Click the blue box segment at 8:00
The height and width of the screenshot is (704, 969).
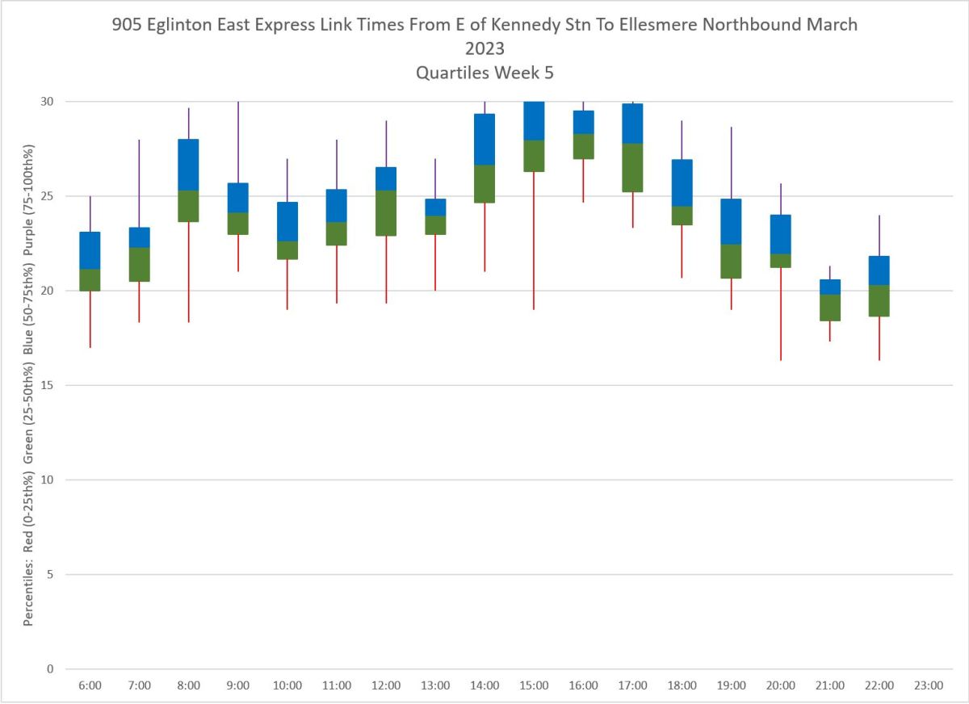[x=188, y=165]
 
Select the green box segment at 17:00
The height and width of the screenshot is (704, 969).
[x=632, y=168]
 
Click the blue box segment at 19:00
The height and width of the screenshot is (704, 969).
[x=731, y=221]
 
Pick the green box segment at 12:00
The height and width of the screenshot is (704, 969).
[x=386, y=213]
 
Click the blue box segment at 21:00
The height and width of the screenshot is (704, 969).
[x=830, y=287]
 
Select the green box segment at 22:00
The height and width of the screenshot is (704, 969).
[x=879, y=300]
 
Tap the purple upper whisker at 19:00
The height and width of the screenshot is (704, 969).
[x=732, y=162]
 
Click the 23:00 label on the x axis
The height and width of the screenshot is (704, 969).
[x=929, y=685]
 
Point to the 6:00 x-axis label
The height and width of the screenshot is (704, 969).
[x=90, y=685]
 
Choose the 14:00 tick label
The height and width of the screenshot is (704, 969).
[x=484, y=685]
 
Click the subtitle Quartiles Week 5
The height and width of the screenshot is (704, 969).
[x=484, y=72]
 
